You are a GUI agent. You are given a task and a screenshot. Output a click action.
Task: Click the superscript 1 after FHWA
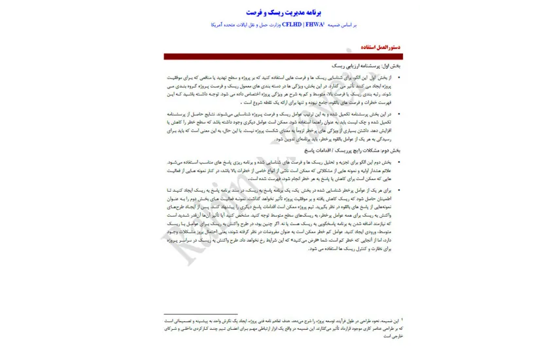click(x=325, y=24)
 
